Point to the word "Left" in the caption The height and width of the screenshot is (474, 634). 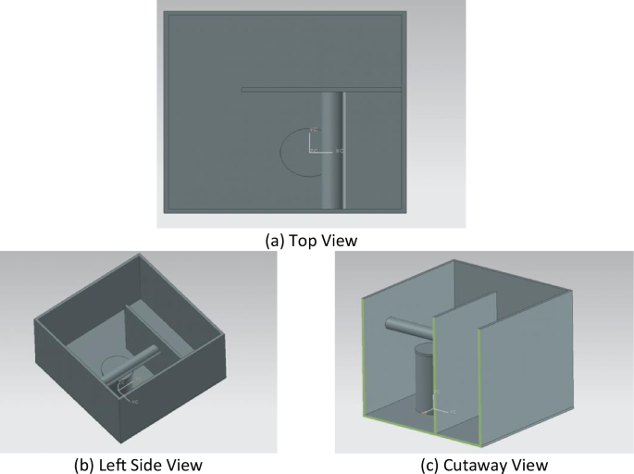click(x=119, y=463)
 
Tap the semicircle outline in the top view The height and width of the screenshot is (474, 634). click(x=287, y=153)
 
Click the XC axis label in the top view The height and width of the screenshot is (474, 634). click(x=339, y=150)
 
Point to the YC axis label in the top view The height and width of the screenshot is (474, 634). click(x=315, y=129)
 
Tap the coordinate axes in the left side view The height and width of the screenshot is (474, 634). click(x=125, y=397)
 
